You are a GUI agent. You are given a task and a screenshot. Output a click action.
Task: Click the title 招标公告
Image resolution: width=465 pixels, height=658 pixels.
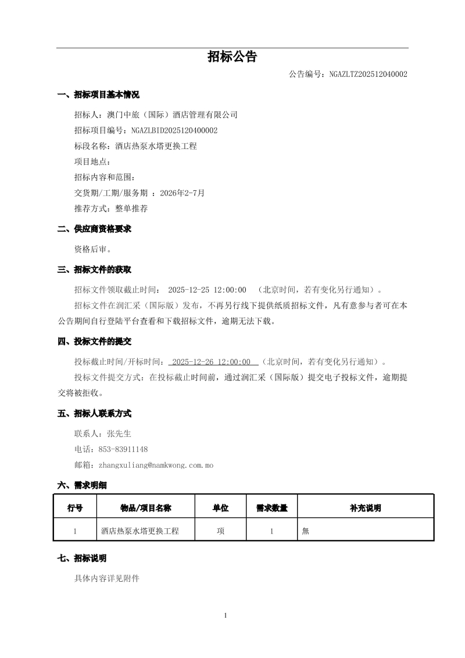click(x=232, y=56)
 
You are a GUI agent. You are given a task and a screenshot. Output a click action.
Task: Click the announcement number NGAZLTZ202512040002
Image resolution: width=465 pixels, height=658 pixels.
click(x=368, y=74)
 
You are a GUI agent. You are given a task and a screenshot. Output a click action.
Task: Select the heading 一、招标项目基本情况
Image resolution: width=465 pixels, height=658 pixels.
click(x=98, y=95)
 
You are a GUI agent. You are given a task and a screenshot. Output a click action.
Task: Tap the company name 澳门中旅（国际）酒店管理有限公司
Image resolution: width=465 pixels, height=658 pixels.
click(x=172, y=115)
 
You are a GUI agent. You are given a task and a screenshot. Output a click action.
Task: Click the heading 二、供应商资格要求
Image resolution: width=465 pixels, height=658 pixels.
click(x=94, y=229)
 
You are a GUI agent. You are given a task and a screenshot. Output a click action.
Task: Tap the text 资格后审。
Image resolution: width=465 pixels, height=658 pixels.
click(x=92, y=249)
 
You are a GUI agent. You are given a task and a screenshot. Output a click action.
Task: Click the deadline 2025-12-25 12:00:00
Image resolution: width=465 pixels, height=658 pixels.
click(x=207, y=290)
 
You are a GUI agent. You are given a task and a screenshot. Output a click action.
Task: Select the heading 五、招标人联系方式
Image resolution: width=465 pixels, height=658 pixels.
click(x=94, y=414)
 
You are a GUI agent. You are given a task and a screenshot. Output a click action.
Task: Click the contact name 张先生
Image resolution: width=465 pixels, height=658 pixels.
click(x=119, y=433)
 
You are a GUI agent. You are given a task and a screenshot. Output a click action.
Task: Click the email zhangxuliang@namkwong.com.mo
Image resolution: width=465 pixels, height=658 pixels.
click(x=156, y=465)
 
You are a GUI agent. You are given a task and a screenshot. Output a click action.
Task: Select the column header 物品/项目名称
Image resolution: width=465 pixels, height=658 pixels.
click(x=145, y=508)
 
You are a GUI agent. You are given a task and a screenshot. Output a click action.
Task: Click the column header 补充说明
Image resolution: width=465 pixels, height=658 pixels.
click(x=365, y=508)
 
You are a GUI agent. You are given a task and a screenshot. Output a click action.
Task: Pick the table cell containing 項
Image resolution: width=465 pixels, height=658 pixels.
click(x=220, y=531)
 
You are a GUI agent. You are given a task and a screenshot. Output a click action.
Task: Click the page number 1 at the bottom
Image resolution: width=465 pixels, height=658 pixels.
click(x=226, y=616)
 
